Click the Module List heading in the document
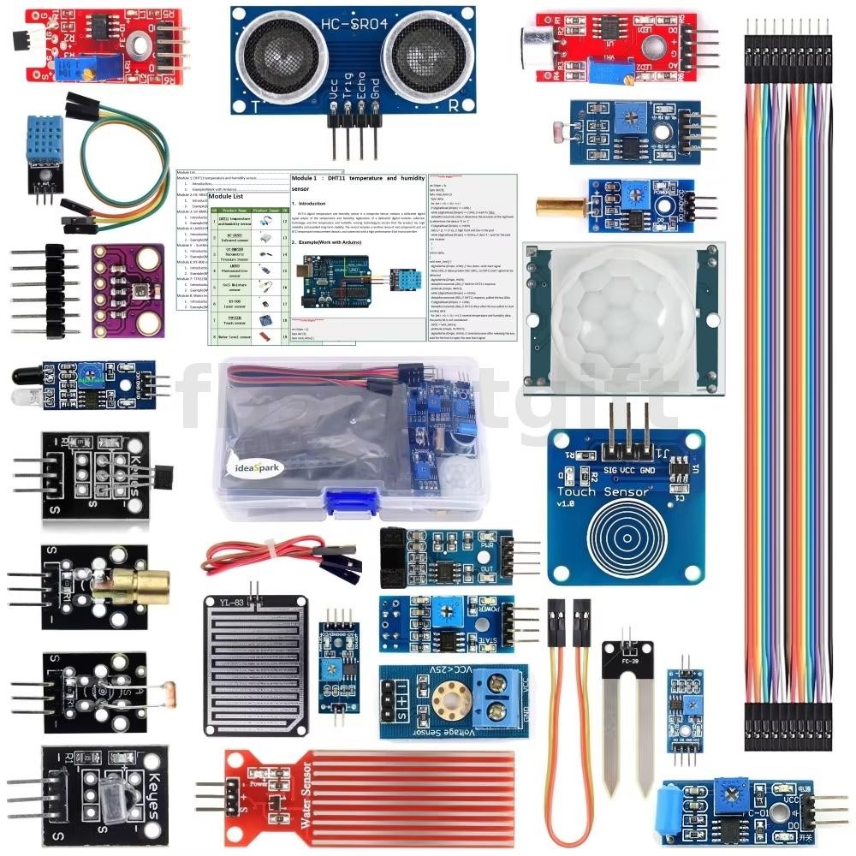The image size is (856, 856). click(x=226, y=196)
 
